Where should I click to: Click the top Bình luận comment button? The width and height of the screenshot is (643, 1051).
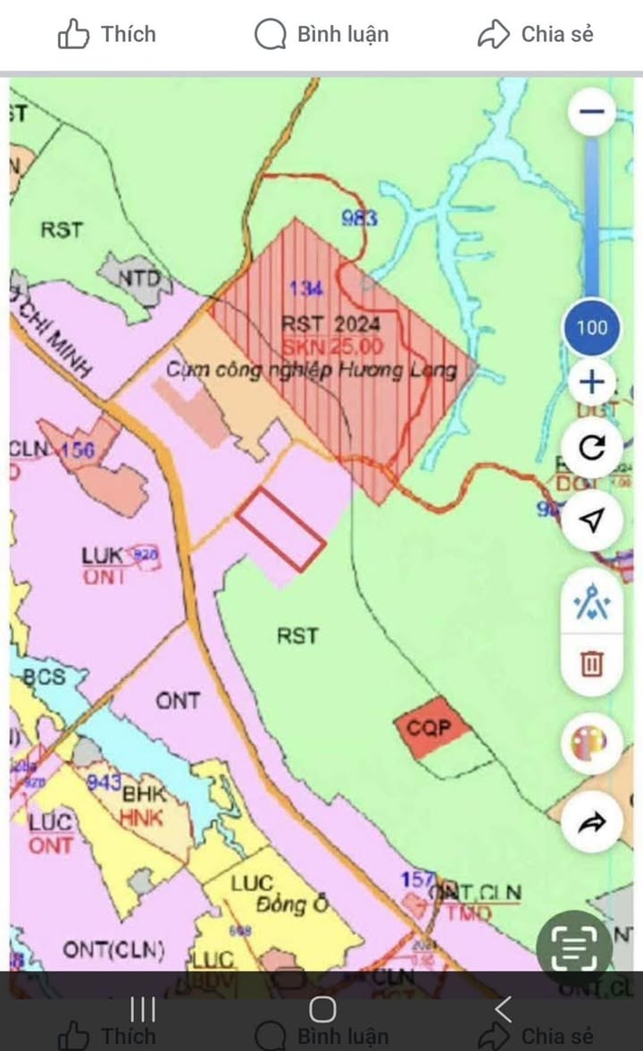tap(322, 35)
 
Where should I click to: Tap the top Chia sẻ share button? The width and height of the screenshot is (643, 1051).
tap(536, 35)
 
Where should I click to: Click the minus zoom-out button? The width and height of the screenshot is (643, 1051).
tap(591, 112)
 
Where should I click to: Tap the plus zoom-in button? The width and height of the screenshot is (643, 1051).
tap(591, 383)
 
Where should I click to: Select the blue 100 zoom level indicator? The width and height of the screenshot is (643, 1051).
tap(591, 327)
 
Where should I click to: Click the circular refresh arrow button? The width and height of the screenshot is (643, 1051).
tap(591, 447)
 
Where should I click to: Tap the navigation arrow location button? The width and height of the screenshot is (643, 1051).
tap(591, 520)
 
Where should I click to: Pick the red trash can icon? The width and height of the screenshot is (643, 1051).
tap(591, 663)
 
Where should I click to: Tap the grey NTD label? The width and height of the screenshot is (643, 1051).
tap(140, 280)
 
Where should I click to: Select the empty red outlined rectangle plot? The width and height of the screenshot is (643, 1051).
tap(280, 528)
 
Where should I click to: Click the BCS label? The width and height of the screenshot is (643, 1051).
tap(45, 677)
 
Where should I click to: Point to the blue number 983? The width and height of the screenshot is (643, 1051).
tap(360, 217)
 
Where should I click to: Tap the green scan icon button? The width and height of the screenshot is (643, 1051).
tap(575, 948)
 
